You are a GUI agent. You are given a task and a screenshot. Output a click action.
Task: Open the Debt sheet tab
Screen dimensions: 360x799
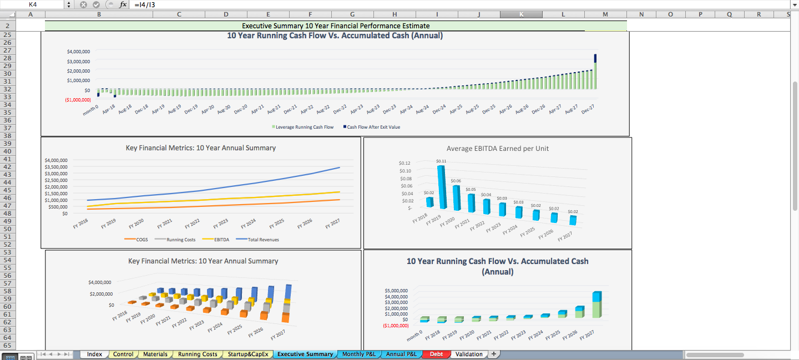[436, 354]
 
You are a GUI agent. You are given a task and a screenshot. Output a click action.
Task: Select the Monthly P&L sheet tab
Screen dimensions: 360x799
[358, 354]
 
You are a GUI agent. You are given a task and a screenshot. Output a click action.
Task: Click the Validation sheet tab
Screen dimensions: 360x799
[468, 354]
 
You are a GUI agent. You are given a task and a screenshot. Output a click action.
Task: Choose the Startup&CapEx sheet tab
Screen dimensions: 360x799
[247, 354]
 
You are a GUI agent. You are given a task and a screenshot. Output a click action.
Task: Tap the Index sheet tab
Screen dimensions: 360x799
[94, 354]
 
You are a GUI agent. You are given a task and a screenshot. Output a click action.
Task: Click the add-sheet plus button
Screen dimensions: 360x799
[493, 354]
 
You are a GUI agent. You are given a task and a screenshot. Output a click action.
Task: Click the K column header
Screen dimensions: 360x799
[520, 14]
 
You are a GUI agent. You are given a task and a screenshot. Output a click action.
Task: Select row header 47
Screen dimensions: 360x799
[7, 205]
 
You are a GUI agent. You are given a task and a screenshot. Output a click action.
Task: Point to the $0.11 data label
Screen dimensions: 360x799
[441, 161]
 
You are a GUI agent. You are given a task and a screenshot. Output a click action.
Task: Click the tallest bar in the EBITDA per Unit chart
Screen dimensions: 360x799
[442, 187]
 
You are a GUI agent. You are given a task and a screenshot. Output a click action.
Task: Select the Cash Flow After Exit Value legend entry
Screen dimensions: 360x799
[373, 127]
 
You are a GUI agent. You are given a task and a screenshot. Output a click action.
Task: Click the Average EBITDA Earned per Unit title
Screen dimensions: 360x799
[497, 148]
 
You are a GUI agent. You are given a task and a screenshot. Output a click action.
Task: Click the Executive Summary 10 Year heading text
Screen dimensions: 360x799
[335, 26]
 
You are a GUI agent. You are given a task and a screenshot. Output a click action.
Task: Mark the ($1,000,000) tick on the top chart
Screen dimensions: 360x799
[78, 100]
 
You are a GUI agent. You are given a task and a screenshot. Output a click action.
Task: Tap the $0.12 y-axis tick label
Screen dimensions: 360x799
[404, 163]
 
